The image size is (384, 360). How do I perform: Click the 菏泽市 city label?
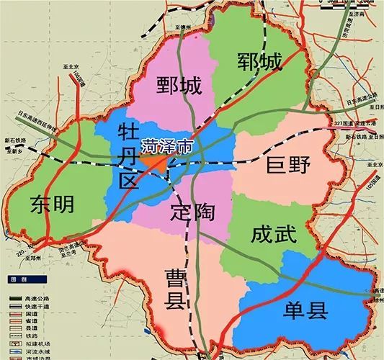(167, 144)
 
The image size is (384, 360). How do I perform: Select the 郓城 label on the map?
(259, 63)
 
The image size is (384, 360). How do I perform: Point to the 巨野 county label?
(288, 166)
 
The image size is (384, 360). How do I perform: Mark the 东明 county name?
(53, 205)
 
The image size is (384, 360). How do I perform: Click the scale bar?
(352, 4)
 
